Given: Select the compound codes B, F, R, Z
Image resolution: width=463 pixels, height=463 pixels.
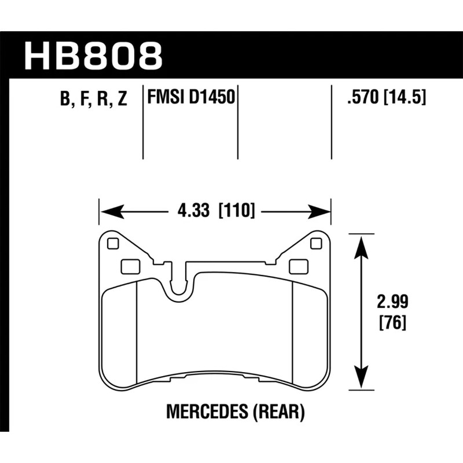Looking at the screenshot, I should point(93,99).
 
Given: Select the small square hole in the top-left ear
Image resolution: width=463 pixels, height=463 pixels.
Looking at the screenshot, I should point(113,243).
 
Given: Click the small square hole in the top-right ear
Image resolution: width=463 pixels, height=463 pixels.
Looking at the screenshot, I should point(315,243).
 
